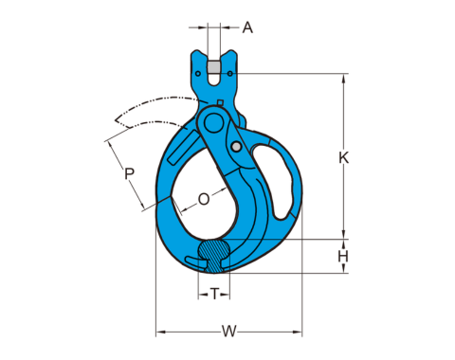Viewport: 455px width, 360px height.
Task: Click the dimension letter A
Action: pyautogui.click(x=247, y=27)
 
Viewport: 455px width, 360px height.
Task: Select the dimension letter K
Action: pyautogui.click(x=344, y=157)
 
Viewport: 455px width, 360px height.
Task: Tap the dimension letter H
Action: pyautogui.click(x=343, y=257)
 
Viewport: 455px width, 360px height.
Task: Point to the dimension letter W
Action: pyautogui.click(x=228, y=332)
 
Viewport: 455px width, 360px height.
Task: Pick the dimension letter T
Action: pyautogui.click(x=214, y=295)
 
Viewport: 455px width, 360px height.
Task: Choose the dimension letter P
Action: pyautogui.click(x=129, y=173)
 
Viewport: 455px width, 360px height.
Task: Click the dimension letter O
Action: pyautogui.click(x=204, y=199)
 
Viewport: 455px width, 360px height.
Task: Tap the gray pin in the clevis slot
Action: pyautogui.click(x=213, y=67)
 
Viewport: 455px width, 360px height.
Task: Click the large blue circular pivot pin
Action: pyautogui.click(x=213, y=123)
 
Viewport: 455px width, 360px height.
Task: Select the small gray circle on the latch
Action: pyautogui.click(x=236, y=146)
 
